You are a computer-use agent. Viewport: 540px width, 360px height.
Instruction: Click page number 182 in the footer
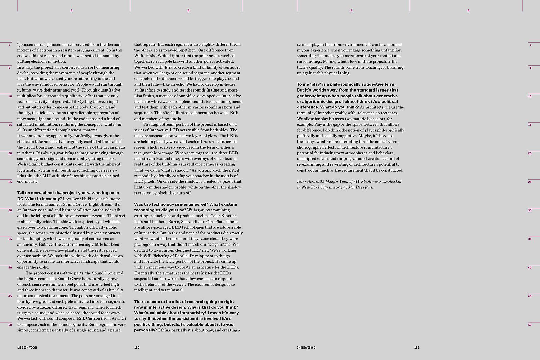137,348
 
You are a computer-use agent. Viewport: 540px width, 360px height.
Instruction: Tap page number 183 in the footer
417,348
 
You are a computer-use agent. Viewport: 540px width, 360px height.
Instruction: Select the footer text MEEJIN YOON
27,348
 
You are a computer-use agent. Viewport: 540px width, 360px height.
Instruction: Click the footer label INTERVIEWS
306,348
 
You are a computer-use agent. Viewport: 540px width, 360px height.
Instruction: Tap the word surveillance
198,164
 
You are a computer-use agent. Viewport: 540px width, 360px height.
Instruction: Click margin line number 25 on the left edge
10,182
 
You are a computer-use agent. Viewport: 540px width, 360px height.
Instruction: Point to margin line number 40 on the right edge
530,268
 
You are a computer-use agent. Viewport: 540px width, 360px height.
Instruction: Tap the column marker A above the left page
71,11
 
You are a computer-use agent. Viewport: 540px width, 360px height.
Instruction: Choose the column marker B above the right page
468,11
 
